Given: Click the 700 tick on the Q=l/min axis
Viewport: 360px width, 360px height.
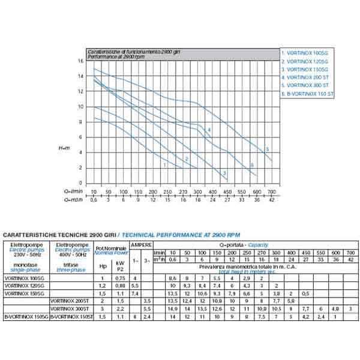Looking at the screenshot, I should point(271,191).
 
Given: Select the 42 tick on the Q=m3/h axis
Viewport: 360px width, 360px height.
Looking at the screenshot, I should point(271,199).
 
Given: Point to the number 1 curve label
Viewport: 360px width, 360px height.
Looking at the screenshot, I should point(164,164).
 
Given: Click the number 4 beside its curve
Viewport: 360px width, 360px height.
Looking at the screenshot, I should point(209,130).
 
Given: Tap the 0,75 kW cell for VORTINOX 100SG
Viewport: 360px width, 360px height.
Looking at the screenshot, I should point(121,279).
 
